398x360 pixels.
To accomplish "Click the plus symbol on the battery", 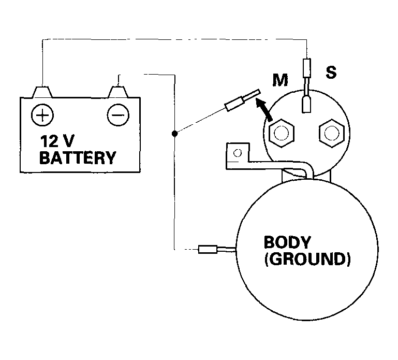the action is (x=42, y=115).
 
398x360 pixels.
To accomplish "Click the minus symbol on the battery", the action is (x=118, y=115).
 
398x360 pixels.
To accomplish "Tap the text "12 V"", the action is (x=57, y=141).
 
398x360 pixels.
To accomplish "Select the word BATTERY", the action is (x=78, y=158).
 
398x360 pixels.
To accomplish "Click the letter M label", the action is (x=280, y=80).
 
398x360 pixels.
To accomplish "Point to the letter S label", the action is (x=331, y=72).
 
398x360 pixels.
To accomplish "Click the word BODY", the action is (x=287, y=242).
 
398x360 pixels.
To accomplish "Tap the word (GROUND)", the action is (x=307, y=259).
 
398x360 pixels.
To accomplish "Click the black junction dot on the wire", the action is (x=174, y=133).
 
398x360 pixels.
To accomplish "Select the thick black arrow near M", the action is (x=264, y=110).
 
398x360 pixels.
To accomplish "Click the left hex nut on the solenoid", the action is (x=282, y=133).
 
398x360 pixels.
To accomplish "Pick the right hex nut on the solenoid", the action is (x=332, y=133).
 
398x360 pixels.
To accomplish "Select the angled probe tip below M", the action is (x=242, y=100).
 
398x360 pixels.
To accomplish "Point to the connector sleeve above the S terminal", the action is (x=307, y=68).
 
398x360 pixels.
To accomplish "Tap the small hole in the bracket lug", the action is (x=238, y=153).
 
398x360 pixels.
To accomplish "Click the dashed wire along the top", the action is (x=174, y=39).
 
